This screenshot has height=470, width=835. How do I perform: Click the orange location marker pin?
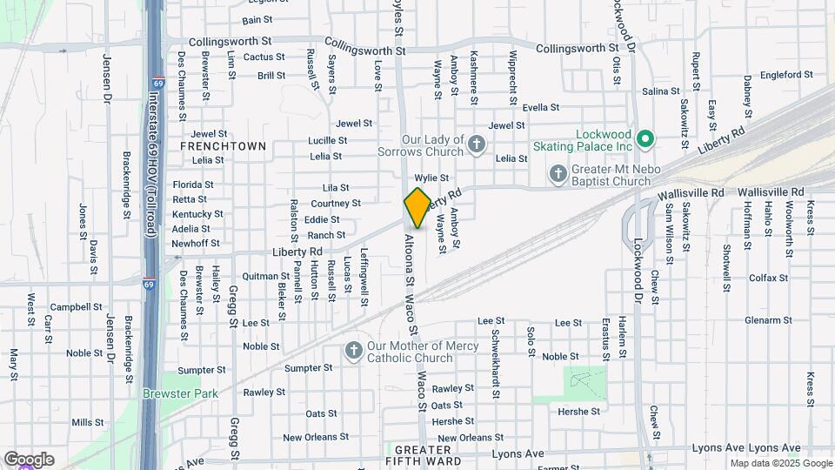tap(417, 208)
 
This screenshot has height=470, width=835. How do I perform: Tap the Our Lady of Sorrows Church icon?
tap(476, 144)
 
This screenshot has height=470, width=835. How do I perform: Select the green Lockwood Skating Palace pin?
tap(645, 138)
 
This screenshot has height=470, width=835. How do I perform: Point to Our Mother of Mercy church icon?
tap(353, 351)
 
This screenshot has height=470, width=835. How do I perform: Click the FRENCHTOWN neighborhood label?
tap(223, 146)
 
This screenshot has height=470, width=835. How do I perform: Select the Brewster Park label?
tap(181, 393)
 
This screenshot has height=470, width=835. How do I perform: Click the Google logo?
tap(28, 460)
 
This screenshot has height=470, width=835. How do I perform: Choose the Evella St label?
tap(540, 108)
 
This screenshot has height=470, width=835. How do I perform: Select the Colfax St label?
tap(768, 279)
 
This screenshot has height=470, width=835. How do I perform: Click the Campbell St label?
tap(77, 307)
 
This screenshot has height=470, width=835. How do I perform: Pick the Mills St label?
tap(88, 422)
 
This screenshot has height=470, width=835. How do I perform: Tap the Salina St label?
tap(660, 91)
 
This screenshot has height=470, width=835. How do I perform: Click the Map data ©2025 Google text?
tap(779, 463)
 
